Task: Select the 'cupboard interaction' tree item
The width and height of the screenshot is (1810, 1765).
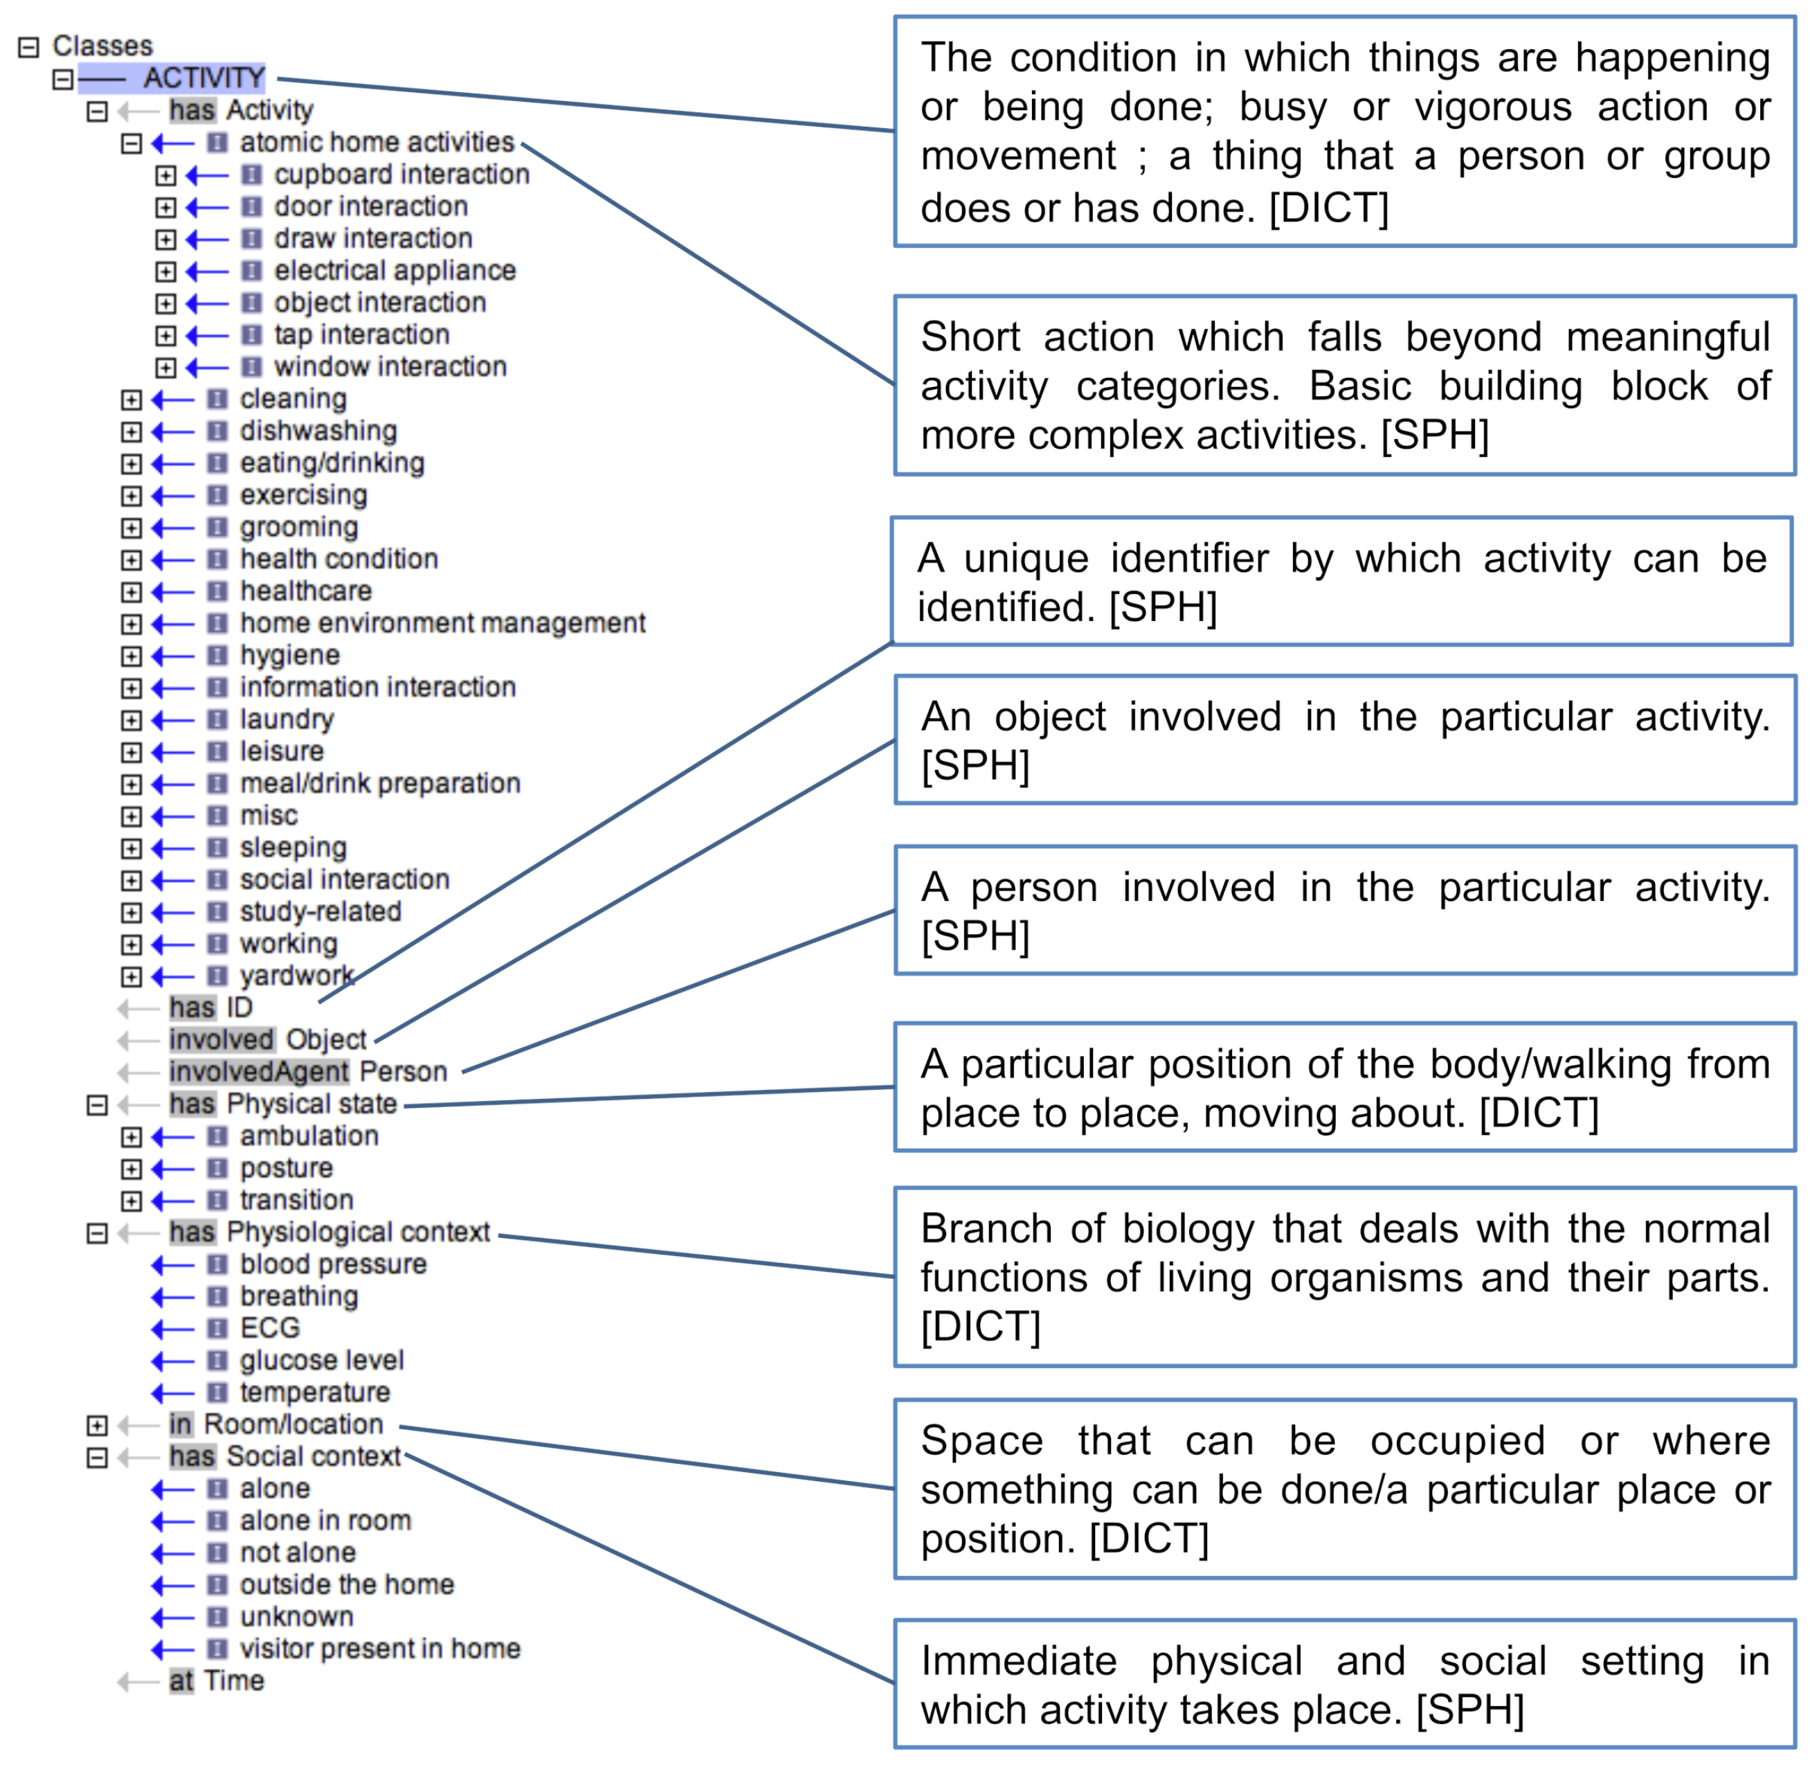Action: click(x=401, y=174)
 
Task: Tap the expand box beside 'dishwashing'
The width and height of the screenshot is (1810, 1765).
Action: click(x=132, y=432)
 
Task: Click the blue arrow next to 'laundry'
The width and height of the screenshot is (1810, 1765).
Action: click(x=172, y=720)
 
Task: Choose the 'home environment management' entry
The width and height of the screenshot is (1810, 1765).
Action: click(x=442, y=624)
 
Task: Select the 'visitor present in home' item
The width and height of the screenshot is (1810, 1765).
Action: click(x=380, y=1650)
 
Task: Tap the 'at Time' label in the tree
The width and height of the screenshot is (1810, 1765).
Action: click(x=217, y=1683)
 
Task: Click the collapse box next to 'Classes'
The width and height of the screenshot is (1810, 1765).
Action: click(x=30, y=46)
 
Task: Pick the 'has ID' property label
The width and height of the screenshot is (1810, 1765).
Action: click(x=210, y=1009)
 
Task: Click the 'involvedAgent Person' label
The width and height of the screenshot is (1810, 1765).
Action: click(x=308, y=1073)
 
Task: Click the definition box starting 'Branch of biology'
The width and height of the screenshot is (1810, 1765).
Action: click(x=1344, y=1278)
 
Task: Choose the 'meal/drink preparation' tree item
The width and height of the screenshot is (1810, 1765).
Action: click(x=380, y=785)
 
